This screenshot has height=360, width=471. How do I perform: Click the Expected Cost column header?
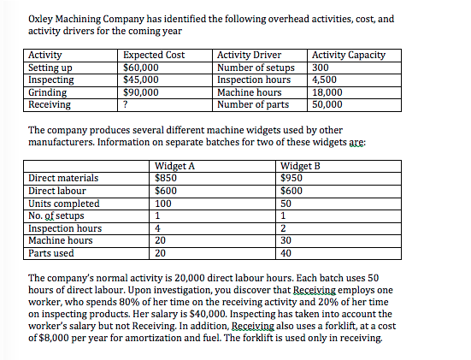[x=155, y=56]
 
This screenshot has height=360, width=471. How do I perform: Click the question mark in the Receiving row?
[x=127, y=104]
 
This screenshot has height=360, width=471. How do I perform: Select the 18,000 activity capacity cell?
[x=328, y=92]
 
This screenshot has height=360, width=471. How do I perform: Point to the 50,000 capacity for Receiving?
[x=328, y=104]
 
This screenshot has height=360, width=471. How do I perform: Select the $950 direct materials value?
[x=291, y=178]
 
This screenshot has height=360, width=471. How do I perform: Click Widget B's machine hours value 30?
[x=286, y=241]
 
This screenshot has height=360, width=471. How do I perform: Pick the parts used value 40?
[x=286, y=254]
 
